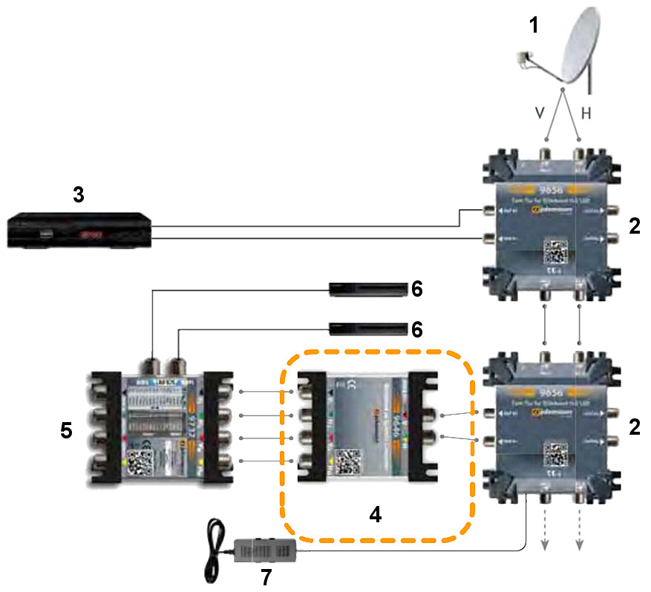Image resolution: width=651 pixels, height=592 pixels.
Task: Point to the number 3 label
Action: (79, 195)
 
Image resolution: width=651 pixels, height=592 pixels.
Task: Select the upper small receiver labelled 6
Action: (368, 289)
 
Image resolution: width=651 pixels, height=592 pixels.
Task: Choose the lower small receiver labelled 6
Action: (368, 328)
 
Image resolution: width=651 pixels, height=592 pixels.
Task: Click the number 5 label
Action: (66, 430)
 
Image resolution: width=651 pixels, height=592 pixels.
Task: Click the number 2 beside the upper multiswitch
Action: (634, 227)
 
